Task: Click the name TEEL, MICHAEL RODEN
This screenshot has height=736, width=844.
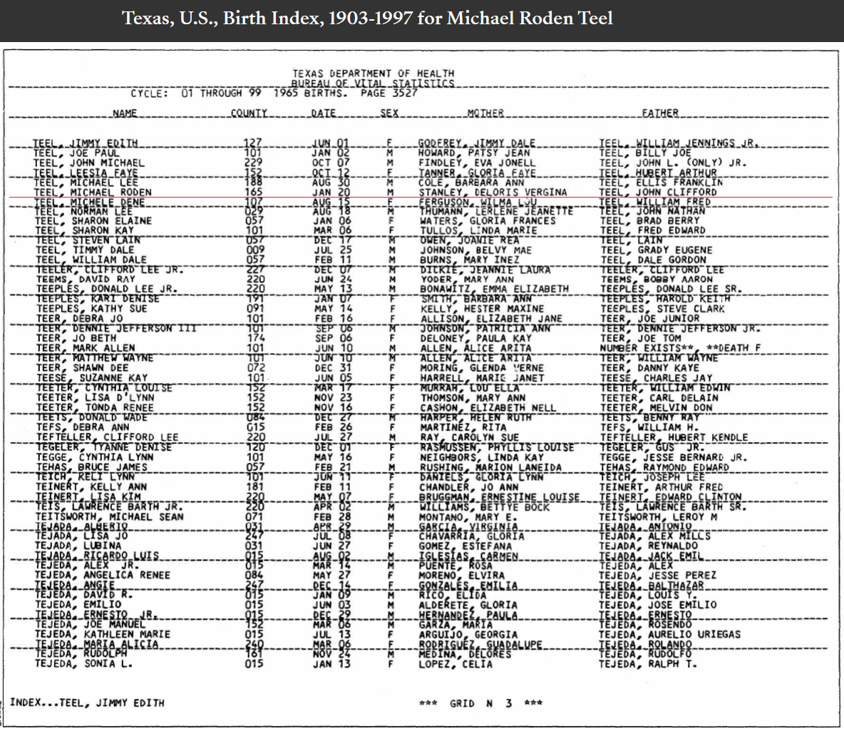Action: click(93, 193)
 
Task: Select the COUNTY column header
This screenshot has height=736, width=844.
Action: click(249, 113)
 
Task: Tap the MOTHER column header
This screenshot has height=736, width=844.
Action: click(485, 113)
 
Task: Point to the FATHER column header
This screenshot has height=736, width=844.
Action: click(659, 113)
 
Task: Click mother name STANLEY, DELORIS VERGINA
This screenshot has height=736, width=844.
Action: click(493, 193)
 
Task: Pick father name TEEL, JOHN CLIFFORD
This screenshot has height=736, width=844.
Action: click(657, 193)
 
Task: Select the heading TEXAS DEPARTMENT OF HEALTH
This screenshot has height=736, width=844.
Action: click(373, 73)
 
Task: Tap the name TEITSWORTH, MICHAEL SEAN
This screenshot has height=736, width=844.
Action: click(109, 516)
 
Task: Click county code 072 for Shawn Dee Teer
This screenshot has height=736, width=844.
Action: click(254, 368)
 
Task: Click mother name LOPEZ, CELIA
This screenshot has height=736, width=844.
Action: click(456, 664)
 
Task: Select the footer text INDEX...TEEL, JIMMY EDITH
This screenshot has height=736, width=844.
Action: click(87, 703)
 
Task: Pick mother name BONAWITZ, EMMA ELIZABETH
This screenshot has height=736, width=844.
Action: click(494, 289)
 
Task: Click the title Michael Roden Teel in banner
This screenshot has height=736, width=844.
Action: click(530, 18)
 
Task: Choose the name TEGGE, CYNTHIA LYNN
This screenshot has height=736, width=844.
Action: click(93, 457)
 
